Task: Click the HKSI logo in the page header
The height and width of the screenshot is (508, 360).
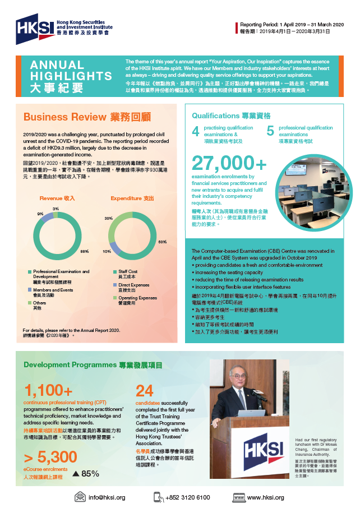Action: pos(62,26)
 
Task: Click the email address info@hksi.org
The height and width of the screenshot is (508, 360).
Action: pos(107,497)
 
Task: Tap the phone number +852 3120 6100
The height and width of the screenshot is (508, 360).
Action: pos(187,497)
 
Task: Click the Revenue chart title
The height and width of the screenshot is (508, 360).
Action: pos(57,198)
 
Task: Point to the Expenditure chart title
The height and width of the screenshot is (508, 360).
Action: pos(132,198)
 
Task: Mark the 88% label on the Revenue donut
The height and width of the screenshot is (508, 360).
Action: pos(85,251)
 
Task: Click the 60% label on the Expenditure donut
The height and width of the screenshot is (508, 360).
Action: pos(162,242)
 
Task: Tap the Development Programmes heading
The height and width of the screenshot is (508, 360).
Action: pos(93,365)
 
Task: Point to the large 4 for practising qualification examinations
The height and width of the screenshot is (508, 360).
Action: pos(196,131)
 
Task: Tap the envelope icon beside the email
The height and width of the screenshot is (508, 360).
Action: pos(80,497)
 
